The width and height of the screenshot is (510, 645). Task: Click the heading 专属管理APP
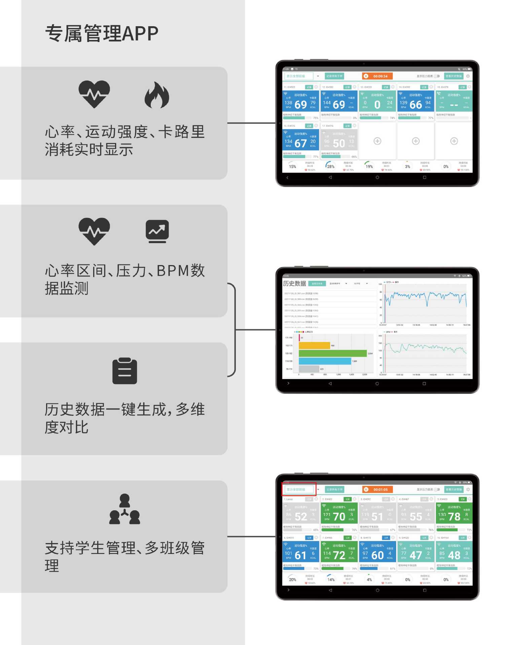[102, 34]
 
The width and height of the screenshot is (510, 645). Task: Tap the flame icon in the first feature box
[157, 95]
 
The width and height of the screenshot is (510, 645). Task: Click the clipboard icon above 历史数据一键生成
[124, 371]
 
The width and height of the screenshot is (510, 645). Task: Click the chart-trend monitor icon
[157, 231]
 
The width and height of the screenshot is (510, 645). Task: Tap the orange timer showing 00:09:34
[377, 76]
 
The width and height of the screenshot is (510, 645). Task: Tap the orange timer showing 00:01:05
[377, 489]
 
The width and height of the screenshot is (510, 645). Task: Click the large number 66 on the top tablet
[416, 105]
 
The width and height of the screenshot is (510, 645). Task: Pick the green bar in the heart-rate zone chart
[332, 353]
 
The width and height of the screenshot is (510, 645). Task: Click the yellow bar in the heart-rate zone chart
[314, 345]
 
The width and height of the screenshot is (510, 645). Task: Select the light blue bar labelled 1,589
[325, 361]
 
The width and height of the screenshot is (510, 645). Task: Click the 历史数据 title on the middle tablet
[294, 283]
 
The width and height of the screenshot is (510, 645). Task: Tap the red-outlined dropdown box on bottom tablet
[299, 489]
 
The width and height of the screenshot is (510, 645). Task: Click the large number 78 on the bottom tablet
[454, 516]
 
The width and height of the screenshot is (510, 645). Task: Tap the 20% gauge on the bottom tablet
[292, 579]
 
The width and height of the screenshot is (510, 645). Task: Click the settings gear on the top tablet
[468, 76]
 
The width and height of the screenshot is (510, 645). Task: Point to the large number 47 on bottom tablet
[416, 555]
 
